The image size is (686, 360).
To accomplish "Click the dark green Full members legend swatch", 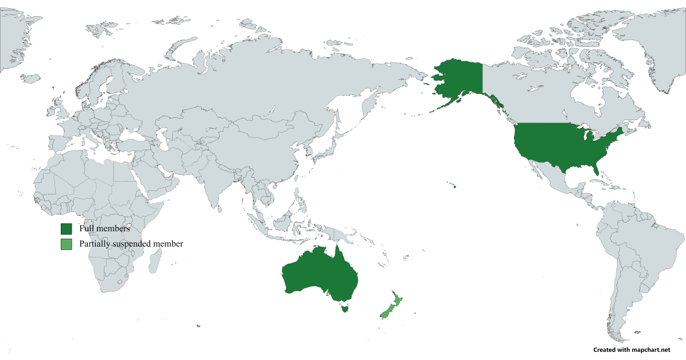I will (66, 229).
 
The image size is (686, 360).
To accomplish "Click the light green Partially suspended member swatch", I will (66, 244).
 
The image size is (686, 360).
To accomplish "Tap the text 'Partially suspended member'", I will (131, 244).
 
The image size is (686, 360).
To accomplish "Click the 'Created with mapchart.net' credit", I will (632, 350).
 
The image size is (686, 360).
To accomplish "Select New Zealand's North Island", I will (396, 299).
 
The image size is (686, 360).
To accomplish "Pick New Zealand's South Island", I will (385, 312).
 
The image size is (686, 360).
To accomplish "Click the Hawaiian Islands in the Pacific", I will (454, 186).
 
